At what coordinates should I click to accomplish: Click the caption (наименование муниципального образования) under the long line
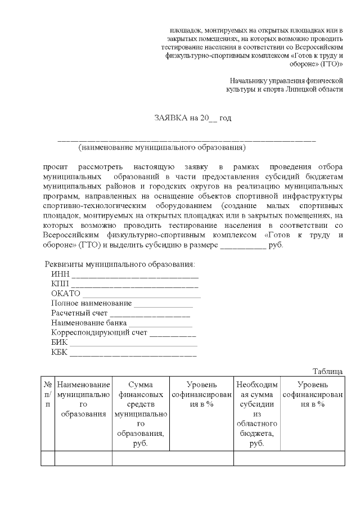point(162,148)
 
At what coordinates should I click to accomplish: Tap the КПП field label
point(60,283)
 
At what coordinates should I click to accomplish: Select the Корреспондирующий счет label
point(99,333)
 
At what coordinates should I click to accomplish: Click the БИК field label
point(59,343)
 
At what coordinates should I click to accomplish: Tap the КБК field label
point(59,353)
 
